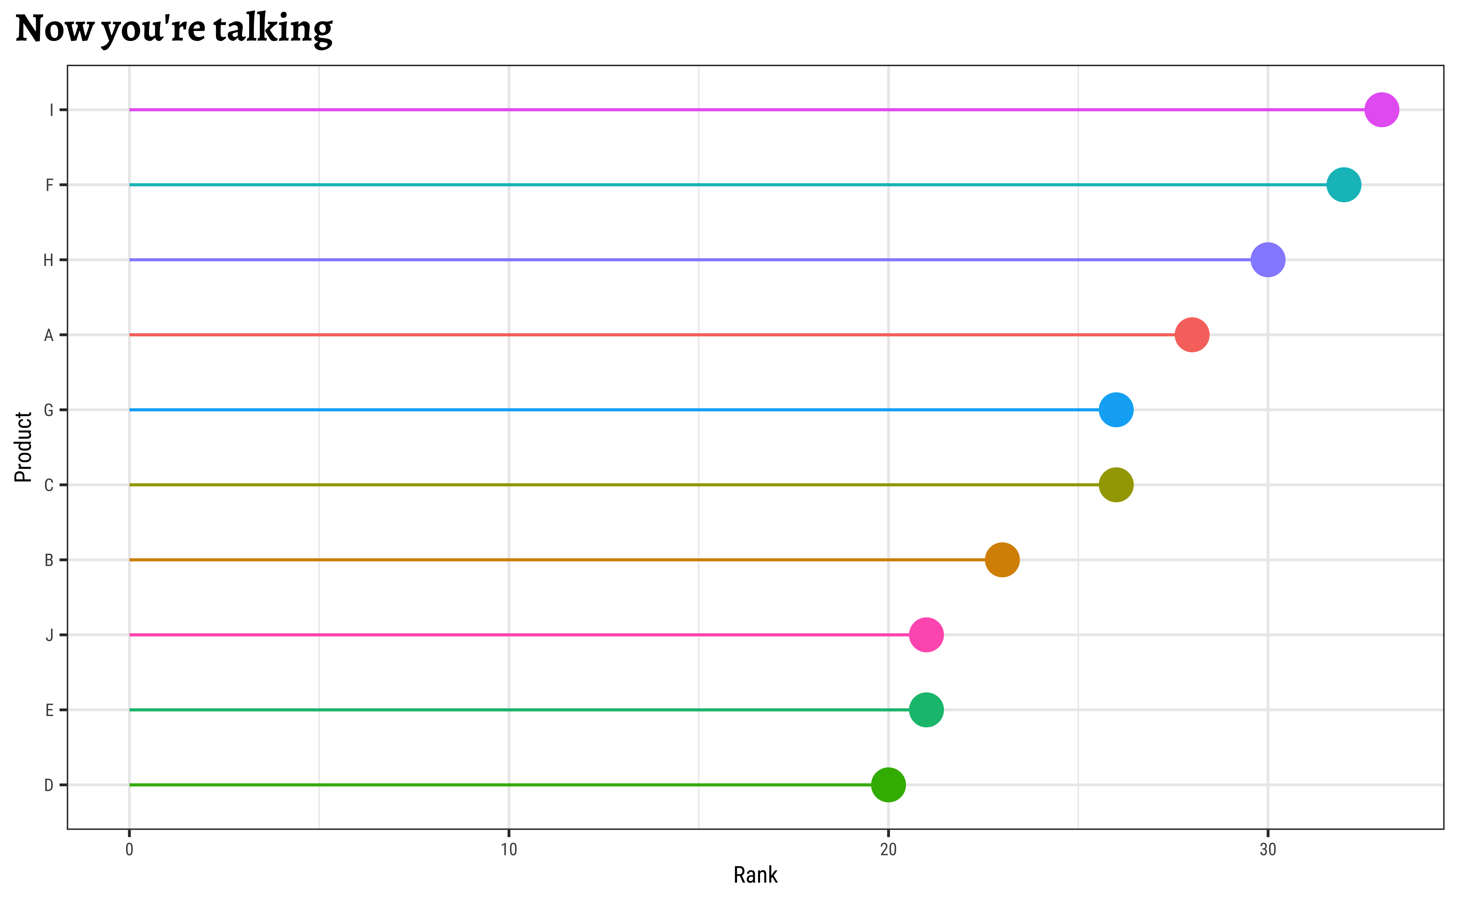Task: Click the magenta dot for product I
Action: tap(1382, 110)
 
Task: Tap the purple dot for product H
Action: tap(1268, 260)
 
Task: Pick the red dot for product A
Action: tap(1192, 335)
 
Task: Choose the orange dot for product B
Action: tap(1002, 560)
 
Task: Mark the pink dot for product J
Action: tap(926, 635)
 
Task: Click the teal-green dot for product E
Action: tap(926, 710)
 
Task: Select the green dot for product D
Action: tap(888, 785)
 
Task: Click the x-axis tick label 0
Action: tap(129, 850)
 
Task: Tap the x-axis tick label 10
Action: tap(509, 850)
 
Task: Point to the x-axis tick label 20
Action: tap(888, 850)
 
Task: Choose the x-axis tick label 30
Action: tap(1268, 850)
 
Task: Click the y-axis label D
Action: tap(49, 786)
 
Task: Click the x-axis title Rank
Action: tap(756, 875)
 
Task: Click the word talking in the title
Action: tap(272, 29)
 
